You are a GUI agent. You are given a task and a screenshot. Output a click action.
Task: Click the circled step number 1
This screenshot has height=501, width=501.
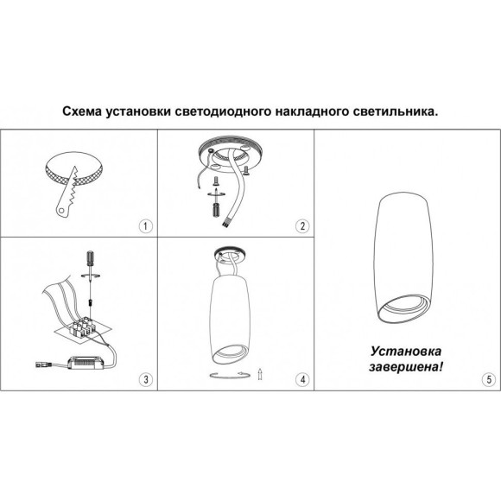146,226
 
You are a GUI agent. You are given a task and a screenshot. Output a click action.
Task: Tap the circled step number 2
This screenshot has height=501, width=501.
301,226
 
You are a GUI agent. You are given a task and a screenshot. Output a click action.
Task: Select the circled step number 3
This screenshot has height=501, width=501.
146,378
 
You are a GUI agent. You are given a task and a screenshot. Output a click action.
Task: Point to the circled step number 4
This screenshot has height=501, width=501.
301,378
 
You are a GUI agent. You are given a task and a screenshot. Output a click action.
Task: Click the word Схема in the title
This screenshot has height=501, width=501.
84,111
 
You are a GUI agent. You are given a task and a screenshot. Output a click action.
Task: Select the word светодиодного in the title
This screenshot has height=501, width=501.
227,111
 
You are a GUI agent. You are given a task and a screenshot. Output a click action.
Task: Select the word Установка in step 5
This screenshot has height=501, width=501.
405,352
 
